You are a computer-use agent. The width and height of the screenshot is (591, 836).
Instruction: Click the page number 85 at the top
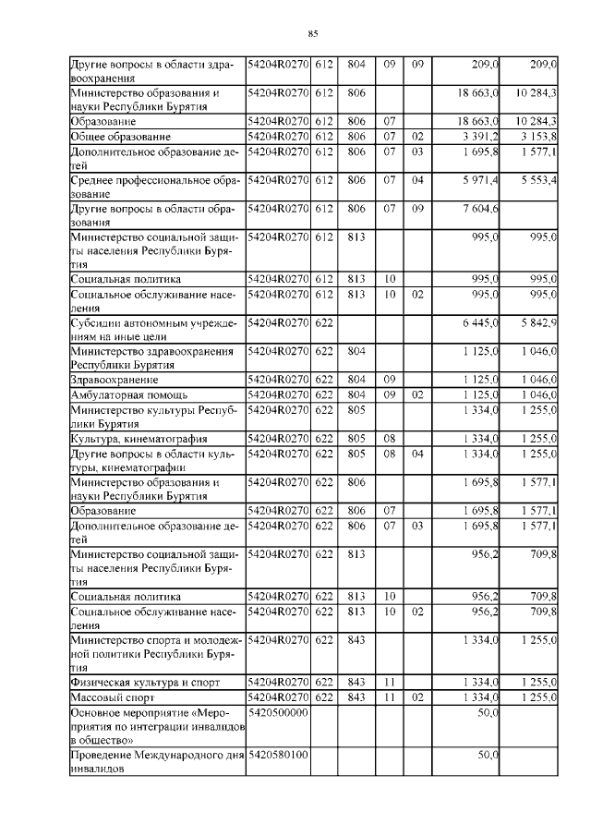tap(313, 34)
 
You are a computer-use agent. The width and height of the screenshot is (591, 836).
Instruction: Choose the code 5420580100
tap(277, 756)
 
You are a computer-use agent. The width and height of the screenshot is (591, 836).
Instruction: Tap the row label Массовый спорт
tap(109, 697)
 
